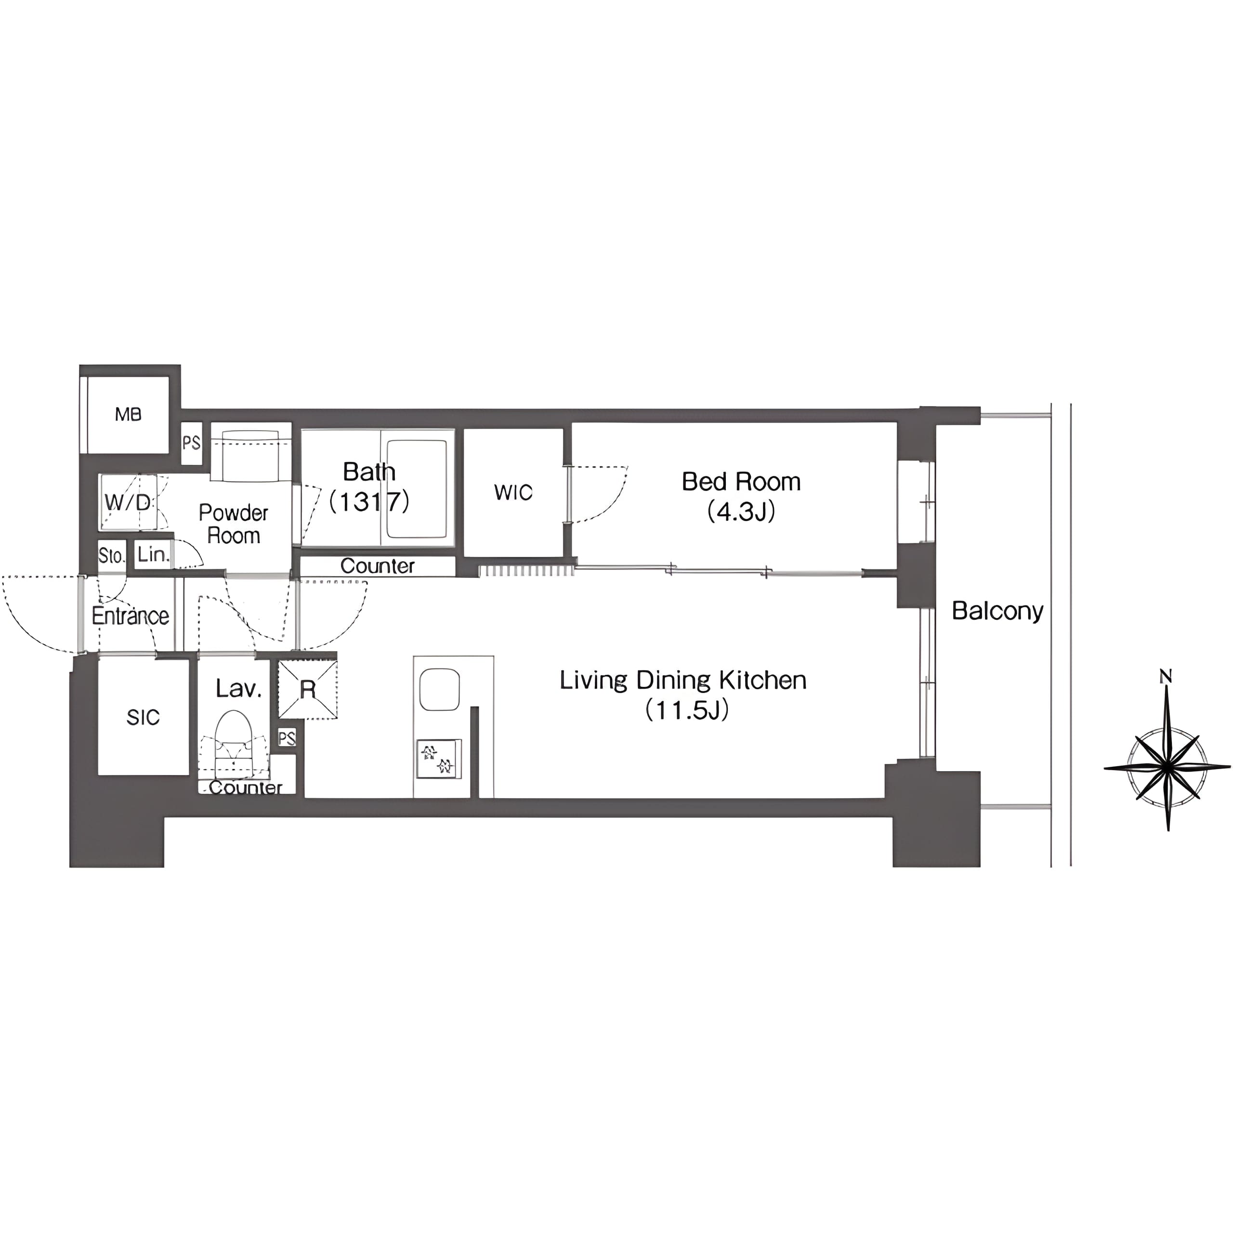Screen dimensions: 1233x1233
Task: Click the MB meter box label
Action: pos(128,415)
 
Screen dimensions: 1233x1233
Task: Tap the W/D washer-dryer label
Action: pos(128,502)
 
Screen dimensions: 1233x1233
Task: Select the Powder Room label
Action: pos(234,524)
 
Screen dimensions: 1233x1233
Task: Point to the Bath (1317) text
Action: pos(369,487)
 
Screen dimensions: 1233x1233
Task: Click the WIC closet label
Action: pos(513,492)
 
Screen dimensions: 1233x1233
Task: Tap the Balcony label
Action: pos(997,611)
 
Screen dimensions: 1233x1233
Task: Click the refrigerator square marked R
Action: pos(308,689)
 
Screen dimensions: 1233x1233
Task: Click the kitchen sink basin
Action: pos(440,689)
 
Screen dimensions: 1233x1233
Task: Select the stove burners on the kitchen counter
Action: pos(438,758)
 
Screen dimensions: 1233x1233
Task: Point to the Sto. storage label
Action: pos(112,556)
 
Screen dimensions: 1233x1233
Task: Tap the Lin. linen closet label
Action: pos(153,554)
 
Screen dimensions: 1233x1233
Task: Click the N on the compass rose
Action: pos(1166,677)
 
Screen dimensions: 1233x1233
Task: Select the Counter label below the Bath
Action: pos(377,566)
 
